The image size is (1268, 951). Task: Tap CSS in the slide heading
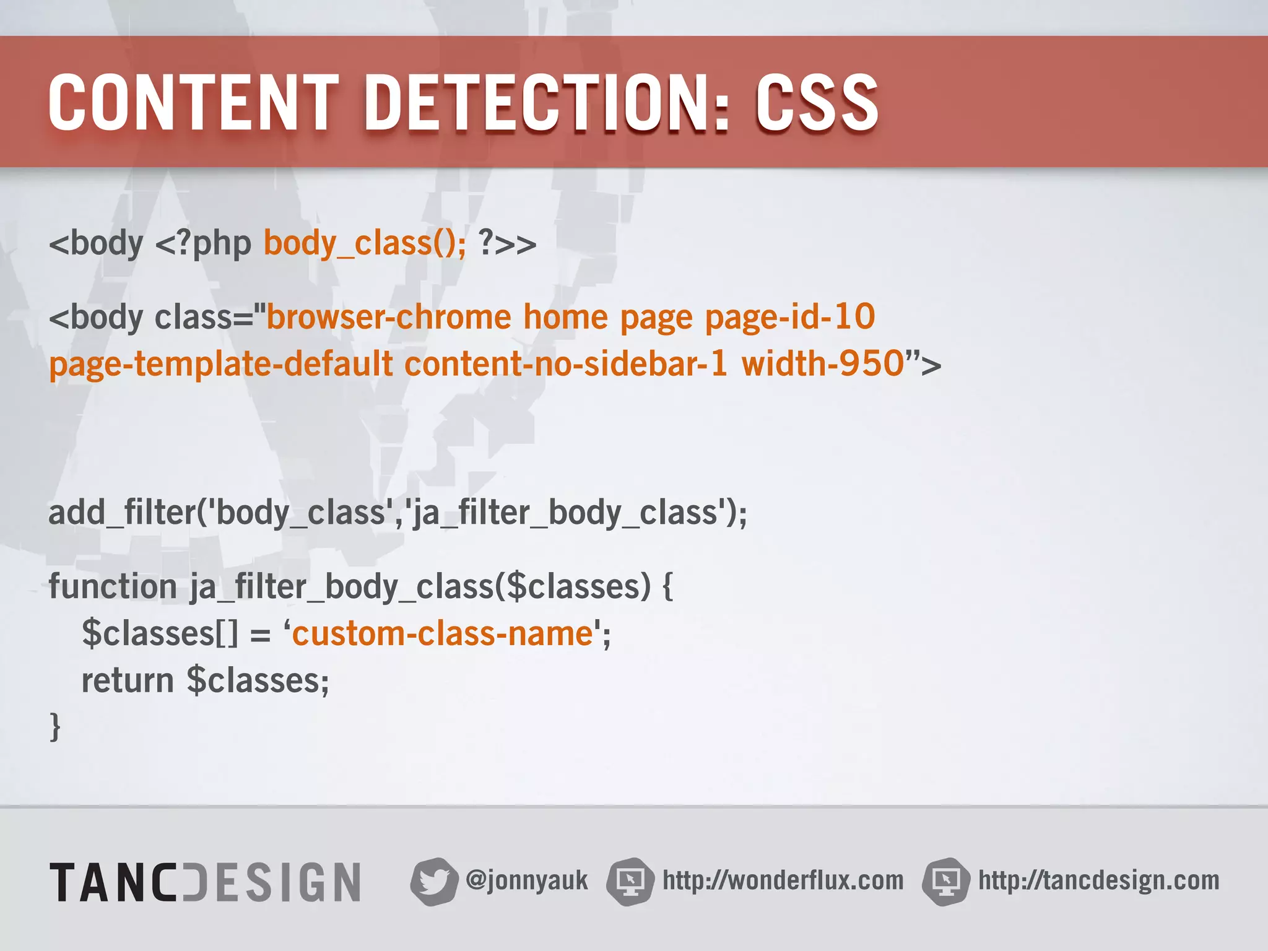pyautogui.click(x=817, y=103)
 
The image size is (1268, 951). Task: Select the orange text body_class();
pyautogui.click(x=365, y=243)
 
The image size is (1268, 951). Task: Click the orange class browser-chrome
pyautogui.click(x=389, y=317)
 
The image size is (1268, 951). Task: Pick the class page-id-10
pyautogui.click(x=790, y=317)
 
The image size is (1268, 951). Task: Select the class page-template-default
pyautogui.click(x=221, y=363)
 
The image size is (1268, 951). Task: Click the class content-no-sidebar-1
pyautogui.click(x=566, y=363)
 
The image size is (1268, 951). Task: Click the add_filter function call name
pyautogui.click(x=122, y=513)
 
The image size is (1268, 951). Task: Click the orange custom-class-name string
pyautogui.click(x=443, y=633)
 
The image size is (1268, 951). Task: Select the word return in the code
pyautogui.click(x=128, y=680)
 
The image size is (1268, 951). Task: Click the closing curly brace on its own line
pyautogui.click(x=55, y=726)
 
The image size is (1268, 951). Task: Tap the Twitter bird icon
pyautogui.click(x=433, y=881)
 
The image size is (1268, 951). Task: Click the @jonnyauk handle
pyautogui.click(x=526, y=880)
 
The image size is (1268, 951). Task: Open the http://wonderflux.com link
pyautogui.click(x=783, y=880)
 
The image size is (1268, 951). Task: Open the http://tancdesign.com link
pyautogui.click(x=1098, y=880)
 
